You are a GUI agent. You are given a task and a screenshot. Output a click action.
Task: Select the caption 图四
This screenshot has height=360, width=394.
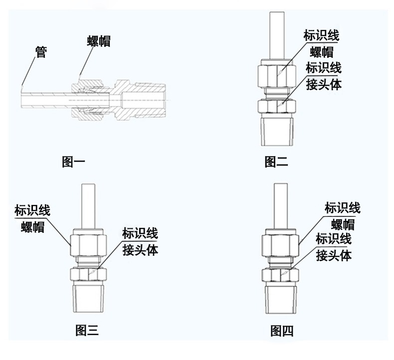282,330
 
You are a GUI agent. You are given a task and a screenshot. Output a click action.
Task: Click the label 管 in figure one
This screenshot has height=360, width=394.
41,51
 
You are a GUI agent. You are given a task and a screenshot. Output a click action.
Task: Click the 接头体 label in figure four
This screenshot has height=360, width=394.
334,256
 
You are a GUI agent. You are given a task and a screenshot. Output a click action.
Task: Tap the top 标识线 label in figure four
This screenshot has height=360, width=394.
342,207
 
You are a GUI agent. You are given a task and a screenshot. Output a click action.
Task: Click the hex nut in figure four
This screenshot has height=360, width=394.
281,243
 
